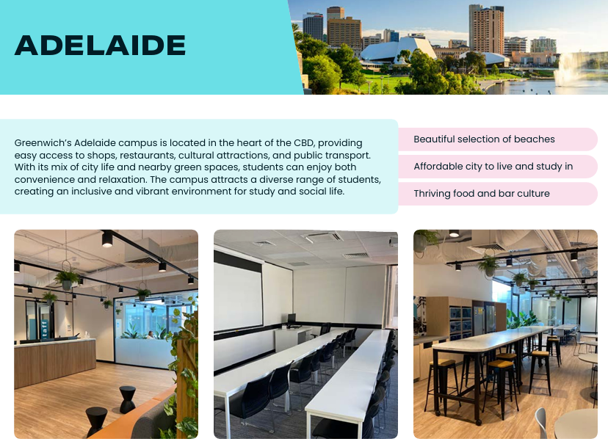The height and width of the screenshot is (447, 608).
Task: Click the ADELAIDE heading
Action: pos(100,45)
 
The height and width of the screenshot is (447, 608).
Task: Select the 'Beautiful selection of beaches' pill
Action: pos(498,139)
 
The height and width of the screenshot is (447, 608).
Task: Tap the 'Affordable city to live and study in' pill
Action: pos(498,167)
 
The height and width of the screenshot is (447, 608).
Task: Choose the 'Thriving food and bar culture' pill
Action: pos(498,194)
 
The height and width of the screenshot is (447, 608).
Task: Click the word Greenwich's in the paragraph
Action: pos(43,143)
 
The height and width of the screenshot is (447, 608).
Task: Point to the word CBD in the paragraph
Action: pos(305,142)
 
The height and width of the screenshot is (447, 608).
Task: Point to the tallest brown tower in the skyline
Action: pos(486,31)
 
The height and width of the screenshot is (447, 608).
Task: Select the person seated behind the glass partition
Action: pos(150,335)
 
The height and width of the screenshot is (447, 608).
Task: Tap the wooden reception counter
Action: pos(54,362)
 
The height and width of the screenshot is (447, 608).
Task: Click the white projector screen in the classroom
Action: pos(238,297)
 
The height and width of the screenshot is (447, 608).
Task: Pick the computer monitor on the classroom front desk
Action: pos(291,320)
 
